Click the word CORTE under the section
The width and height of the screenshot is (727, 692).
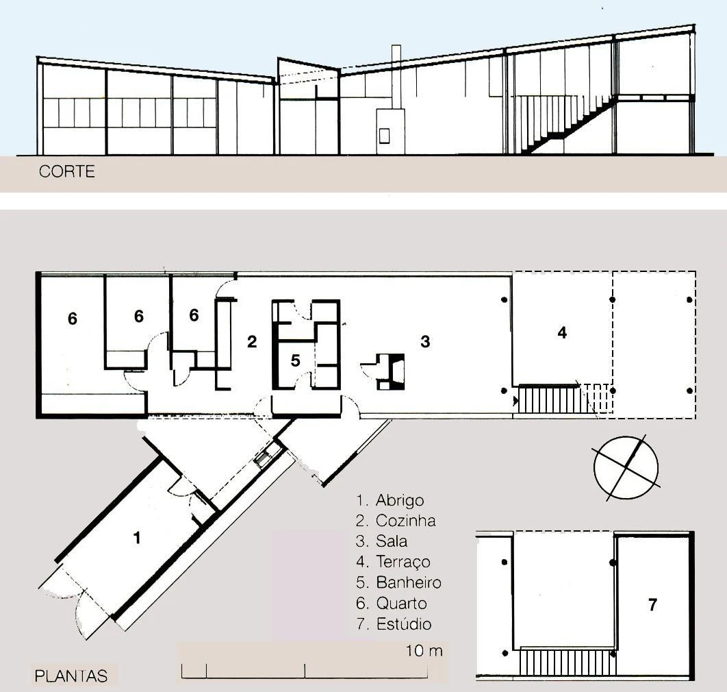pos(66,171)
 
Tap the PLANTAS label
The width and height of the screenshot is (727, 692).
pos(71,676)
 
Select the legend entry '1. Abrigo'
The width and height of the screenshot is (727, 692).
pos(390,500)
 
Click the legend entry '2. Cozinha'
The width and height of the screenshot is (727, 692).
pos(396,521)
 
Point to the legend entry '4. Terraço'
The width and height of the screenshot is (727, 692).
pos(394,562)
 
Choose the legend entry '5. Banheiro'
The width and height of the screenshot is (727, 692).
pos(399,583)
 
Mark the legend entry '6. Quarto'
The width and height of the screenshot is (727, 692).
pos(392,604)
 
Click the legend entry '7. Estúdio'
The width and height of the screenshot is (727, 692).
pos(394,624)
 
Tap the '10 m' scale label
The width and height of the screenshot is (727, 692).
pos(424,651)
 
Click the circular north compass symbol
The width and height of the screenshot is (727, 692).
pos(626,467)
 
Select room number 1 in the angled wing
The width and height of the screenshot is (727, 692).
pos(137,538)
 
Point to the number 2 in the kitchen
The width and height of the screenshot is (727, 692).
pos(252,342)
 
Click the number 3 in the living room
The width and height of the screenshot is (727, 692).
pos(425,341)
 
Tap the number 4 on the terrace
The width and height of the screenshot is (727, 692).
pos(562,333)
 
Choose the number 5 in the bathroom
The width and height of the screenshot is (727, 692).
pos(295,360)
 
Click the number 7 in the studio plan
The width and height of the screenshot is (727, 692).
pos(652,605)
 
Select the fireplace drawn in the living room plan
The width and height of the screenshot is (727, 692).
pos(392,370)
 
